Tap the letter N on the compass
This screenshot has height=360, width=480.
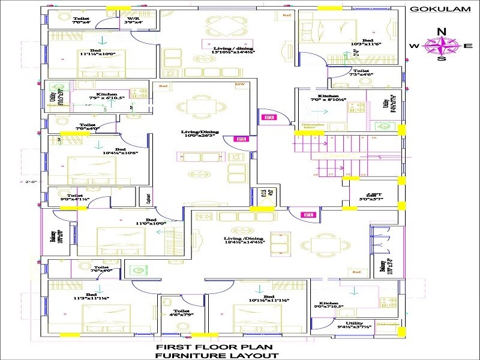click(x=442, y=32)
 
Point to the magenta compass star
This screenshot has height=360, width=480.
click(x=442, y=45)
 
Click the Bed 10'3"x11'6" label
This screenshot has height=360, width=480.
click(x=367, y=41)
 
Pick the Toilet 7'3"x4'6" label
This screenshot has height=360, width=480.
click(x=361, y=73)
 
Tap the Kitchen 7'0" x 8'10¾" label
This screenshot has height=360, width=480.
click(x=328, y=98)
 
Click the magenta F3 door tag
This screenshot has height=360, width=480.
click(x=269, y=118)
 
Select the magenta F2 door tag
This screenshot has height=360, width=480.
click(x=242, y=139)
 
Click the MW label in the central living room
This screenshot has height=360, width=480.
click(x=240, y=85)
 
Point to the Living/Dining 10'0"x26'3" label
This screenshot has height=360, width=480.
click(x=200, y=133)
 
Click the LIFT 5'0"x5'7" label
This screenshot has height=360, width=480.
click(x=370, y=197)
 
